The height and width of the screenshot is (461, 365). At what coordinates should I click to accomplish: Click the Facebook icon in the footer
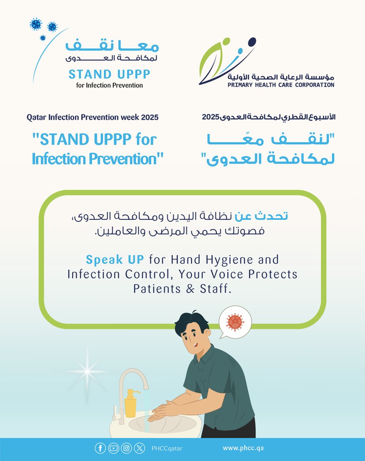point(100,448)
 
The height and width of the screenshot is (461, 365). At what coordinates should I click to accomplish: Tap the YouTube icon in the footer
point(113,448)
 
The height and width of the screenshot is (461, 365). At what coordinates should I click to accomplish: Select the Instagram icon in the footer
point(126,448)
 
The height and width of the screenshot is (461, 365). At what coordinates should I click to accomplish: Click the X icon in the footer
point(139,448)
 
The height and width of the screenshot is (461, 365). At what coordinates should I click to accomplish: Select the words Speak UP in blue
point(115,260)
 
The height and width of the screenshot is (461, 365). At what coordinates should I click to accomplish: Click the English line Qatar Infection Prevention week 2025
point(93,118)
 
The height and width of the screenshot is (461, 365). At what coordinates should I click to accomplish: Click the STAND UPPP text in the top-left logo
point(109,74)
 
